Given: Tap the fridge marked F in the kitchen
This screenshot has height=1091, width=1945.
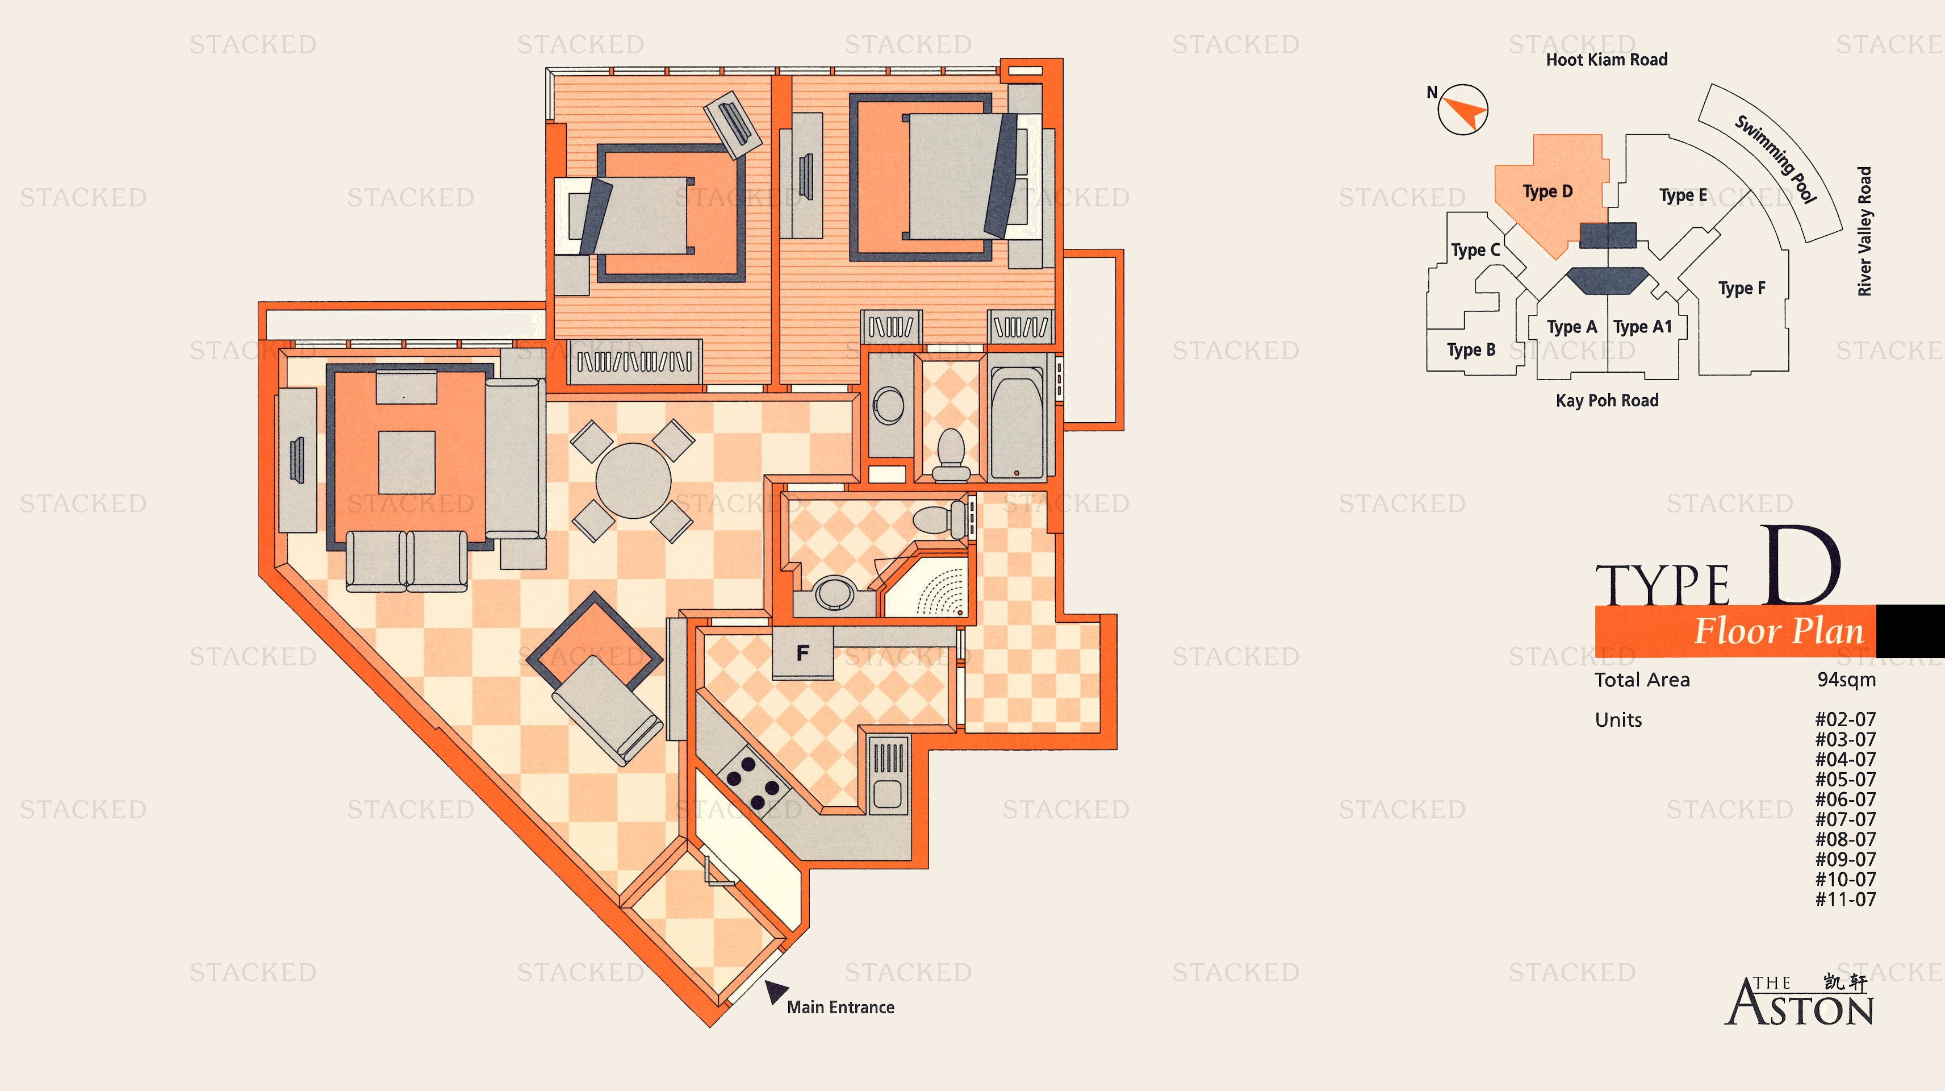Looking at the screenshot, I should point(802,653).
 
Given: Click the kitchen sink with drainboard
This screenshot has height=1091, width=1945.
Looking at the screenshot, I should point(888,775).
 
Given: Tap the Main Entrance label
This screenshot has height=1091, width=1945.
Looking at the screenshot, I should point(840,1007).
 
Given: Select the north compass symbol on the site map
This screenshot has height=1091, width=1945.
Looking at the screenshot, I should point(1462,110).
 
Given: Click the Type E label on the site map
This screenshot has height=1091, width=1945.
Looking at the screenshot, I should point(1683,195).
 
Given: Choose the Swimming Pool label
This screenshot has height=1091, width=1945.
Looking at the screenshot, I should point(1775,159).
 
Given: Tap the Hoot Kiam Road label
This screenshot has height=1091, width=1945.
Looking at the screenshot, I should point(1606,60).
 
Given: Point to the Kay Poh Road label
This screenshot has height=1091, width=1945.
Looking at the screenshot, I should point(1607,401).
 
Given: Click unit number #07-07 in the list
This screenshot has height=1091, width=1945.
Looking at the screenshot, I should point(1845,819).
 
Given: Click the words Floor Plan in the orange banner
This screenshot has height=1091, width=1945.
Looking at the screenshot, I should point(1779,631).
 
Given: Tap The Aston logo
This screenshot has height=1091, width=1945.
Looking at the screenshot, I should point(1798,1001).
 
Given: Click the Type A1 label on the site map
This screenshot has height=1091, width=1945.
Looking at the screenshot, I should point(1642,327).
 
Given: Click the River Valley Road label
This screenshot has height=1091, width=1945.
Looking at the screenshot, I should point(1864,231).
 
